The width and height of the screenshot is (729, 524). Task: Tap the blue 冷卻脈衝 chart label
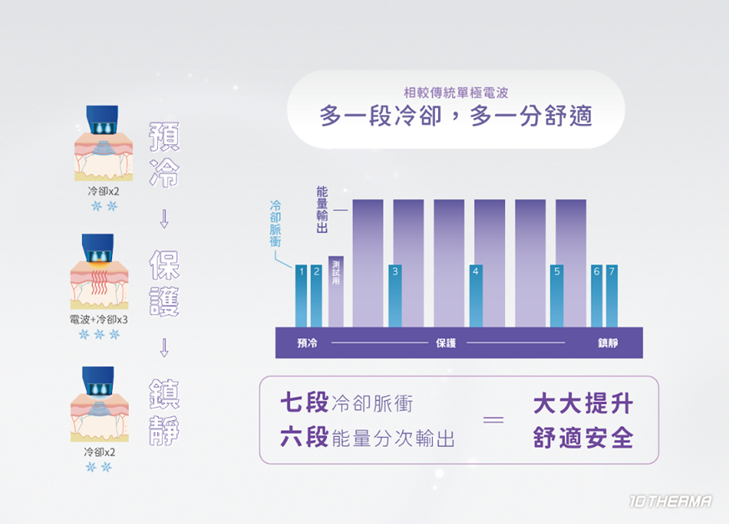[x=276, y=222]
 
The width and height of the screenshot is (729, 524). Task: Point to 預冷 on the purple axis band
[x=307, y=343]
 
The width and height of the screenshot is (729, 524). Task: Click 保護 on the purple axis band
[x=446, y=343]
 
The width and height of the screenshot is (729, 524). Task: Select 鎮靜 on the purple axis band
[x=608, y=343]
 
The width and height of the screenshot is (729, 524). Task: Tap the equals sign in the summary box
[x=494, y=420]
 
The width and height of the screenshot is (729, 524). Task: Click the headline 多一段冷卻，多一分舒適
[x=456, y=116]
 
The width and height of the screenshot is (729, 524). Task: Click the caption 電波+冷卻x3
[x=99, y=320]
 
